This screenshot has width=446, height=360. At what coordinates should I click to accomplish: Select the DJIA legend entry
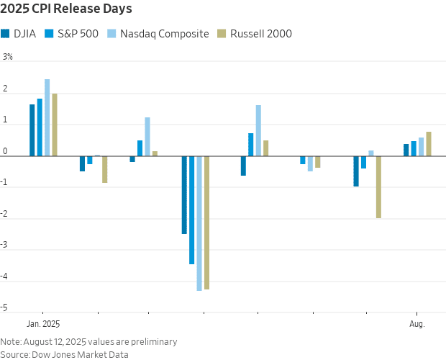(x=19, y=33)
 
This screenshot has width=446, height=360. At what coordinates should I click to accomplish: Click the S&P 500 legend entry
(x=72, y=33)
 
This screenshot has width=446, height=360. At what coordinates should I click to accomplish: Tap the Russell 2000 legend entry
(x=255, y=33)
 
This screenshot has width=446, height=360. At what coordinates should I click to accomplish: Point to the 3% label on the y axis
(x=8, y=56)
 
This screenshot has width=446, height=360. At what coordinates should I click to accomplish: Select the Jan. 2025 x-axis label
(x=42, y=323)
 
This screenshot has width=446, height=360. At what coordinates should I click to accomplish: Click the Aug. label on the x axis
(x=417, y=323)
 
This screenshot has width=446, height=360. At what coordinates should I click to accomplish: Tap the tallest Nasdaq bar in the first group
(x=47, y=117)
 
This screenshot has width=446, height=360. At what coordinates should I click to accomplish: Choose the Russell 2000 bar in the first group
(x=55, y=125)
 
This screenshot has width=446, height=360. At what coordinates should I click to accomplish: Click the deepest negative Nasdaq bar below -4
(x=199, y=223)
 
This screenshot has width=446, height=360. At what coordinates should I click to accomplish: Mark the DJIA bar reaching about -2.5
(x=184, y=194)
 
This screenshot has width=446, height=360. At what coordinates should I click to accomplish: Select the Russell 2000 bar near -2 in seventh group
(x=378, y=186)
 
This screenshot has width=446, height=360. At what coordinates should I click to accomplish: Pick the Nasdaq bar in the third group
(x=147, y=137)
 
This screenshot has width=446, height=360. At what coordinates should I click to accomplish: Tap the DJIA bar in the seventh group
(x=356, y=171)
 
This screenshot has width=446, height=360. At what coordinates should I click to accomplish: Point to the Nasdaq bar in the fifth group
(x=258, y=130)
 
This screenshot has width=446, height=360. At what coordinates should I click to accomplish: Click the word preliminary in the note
(x=153, y=341)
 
